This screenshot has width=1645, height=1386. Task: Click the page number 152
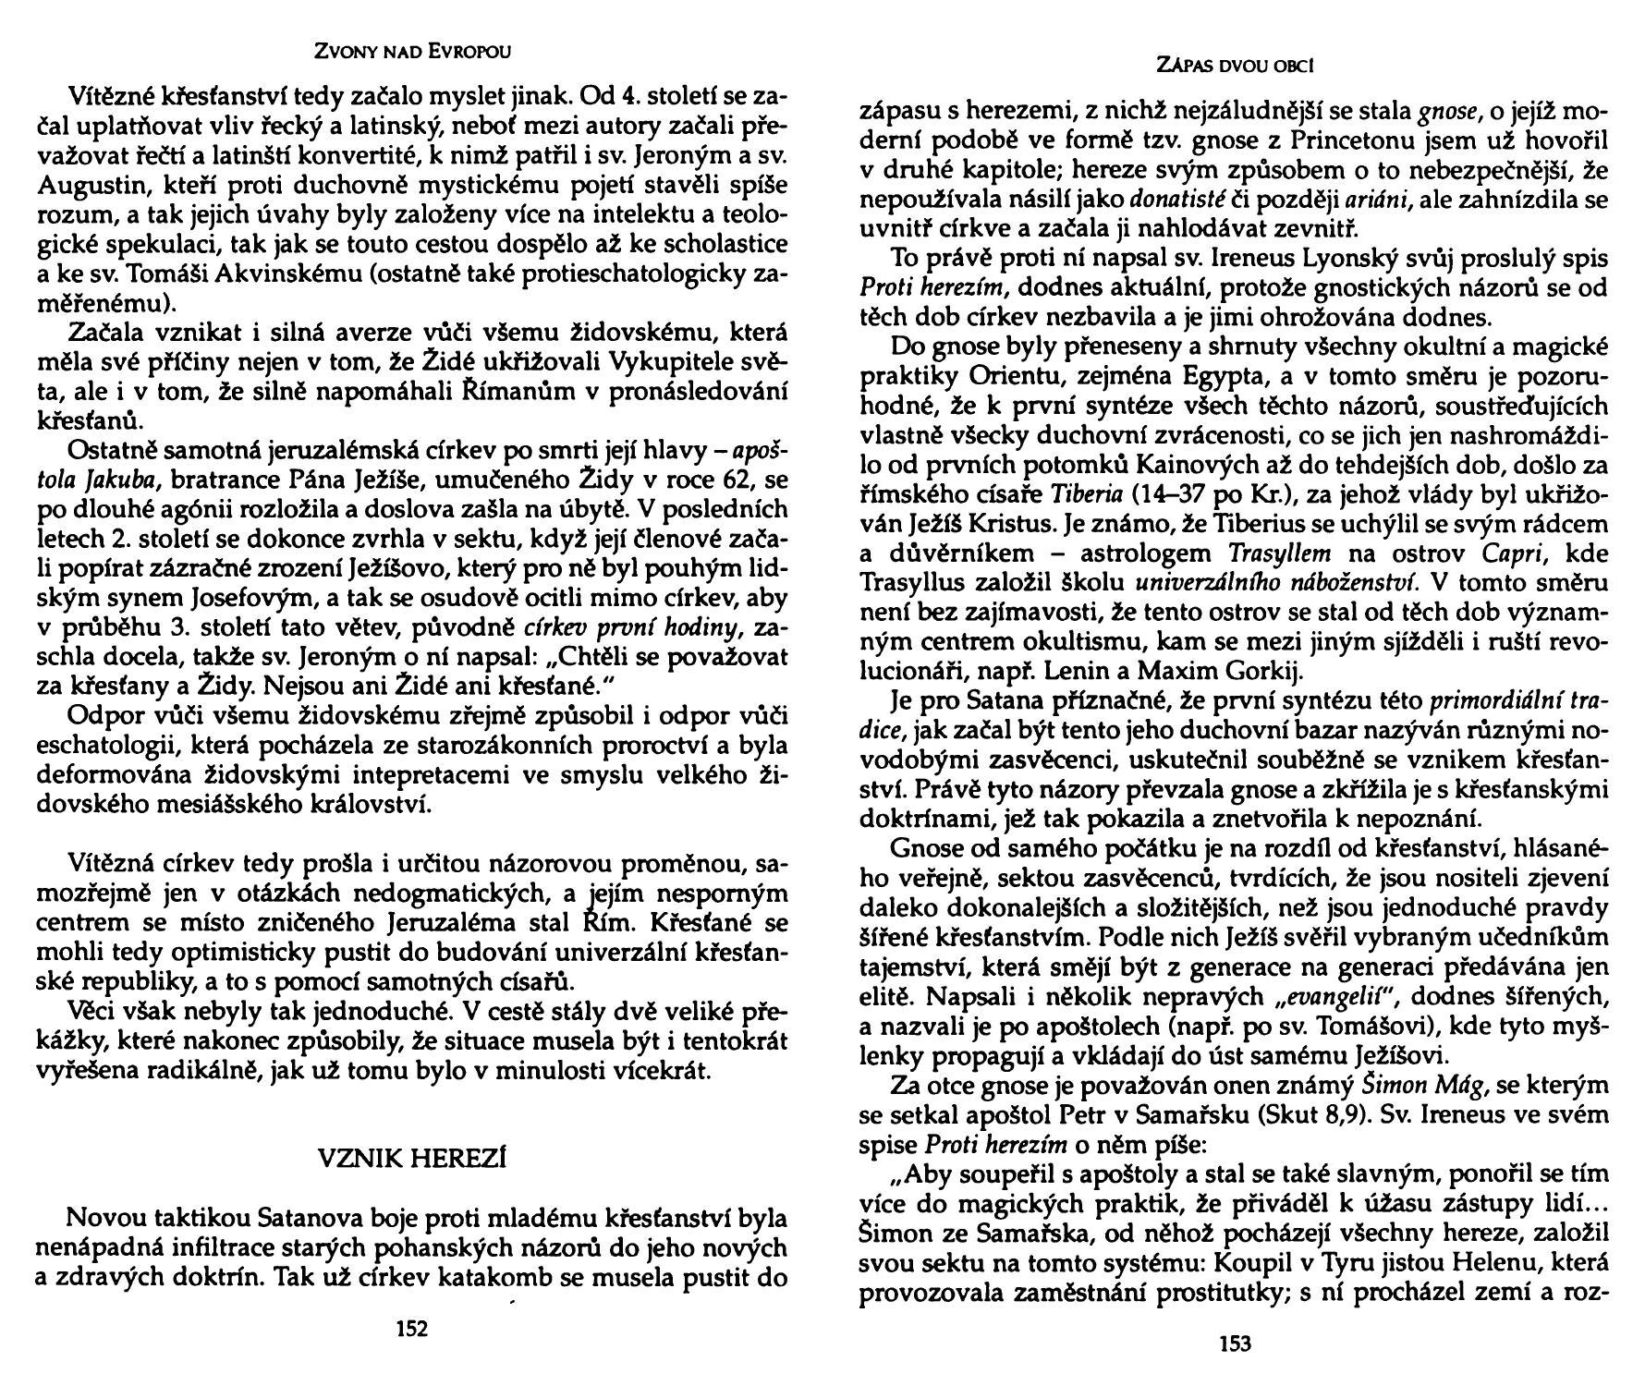[411, 1329]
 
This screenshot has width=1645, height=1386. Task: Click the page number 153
[1235, 1344]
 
